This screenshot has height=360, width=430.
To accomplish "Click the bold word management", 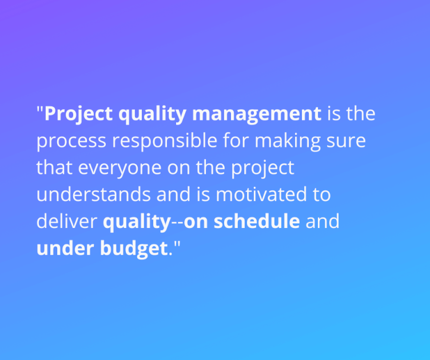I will [x=257, y=114].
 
